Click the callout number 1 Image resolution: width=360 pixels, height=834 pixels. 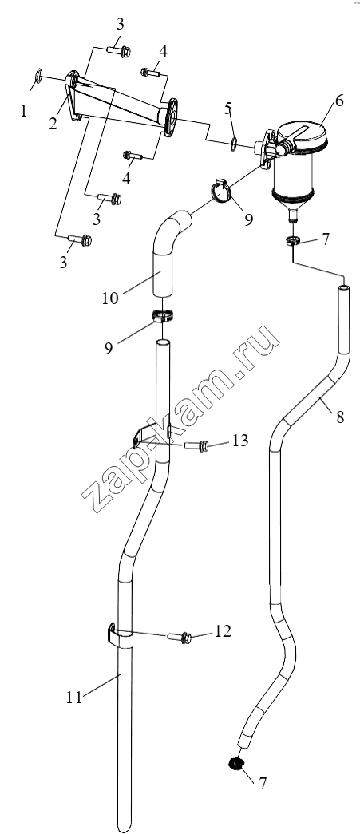[x=23, y=111]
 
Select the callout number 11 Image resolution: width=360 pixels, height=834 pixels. [x=74, y=698]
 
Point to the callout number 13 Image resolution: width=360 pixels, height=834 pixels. [x=239, y=441]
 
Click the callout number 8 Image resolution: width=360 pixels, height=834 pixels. [x=339, y=417]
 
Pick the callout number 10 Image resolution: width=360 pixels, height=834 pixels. [x=111, y=298]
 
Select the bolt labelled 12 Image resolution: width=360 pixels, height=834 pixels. [x=180, y=637]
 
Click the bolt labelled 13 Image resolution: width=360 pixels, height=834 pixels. [x=195, y=446]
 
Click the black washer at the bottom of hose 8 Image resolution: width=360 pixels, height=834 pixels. [x=235, y=765]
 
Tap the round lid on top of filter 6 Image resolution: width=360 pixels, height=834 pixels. [x=301, y=132]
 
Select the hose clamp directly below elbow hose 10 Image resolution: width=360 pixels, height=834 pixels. [x=165, y=315]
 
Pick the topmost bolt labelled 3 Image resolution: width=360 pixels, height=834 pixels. [x=119, y=51]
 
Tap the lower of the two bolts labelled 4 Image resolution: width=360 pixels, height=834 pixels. [x=133, y=156]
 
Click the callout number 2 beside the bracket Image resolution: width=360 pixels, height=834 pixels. [x=53, y=124]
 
